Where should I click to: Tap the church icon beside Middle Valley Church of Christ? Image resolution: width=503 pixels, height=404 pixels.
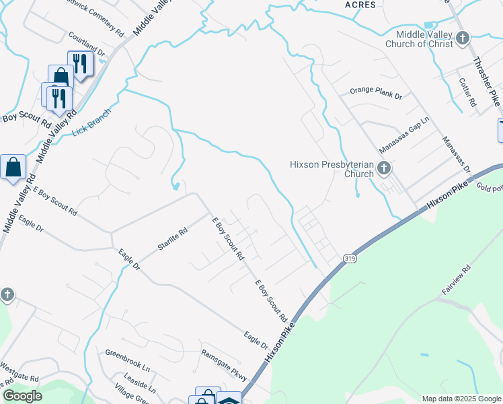(462, 38)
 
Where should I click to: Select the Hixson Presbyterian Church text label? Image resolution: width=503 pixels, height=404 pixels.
(331, 168)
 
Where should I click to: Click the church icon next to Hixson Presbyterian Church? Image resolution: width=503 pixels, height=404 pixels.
(384, 168)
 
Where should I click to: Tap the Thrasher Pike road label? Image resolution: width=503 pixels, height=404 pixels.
(486, 80)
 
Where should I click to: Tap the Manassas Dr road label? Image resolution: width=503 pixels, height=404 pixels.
(456, 155)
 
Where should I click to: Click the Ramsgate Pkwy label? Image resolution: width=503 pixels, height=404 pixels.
(224, 365)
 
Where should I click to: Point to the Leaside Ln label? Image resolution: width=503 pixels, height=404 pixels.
(139, 384)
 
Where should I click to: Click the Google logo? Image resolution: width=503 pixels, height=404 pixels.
(22, 396)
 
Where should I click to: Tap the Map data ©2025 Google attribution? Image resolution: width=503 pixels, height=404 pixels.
(461, 399)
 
